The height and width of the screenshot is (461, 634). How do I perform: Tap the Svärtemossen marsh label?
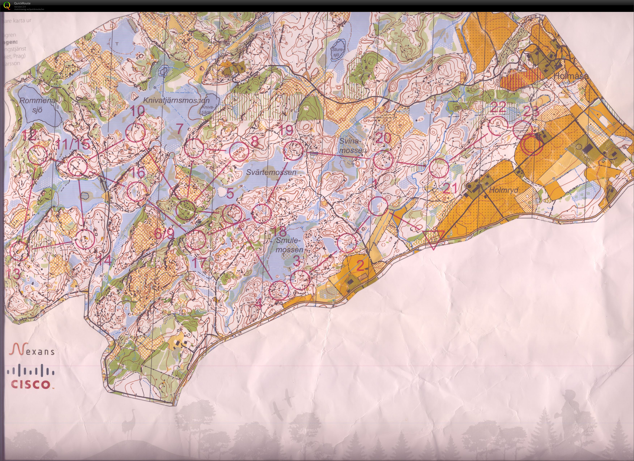tap(271, 172)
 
